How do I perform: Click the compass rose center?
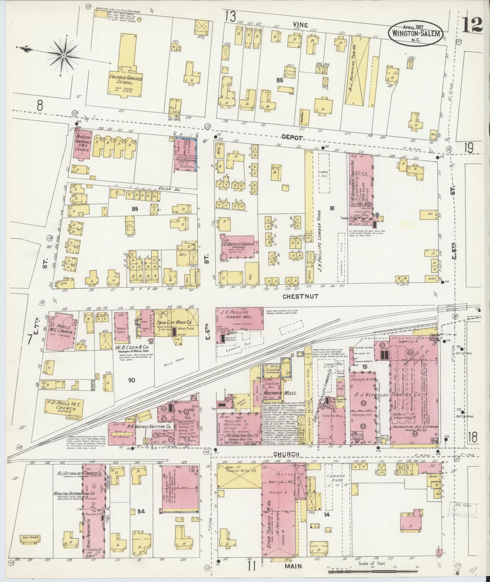(64, 55)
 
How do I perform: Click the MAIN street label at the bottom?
(294, 566)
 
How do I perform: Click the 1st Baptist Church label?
(238, 244)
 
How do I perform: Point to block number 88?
(279, 80)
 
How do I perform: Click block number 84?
(141, 511)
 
